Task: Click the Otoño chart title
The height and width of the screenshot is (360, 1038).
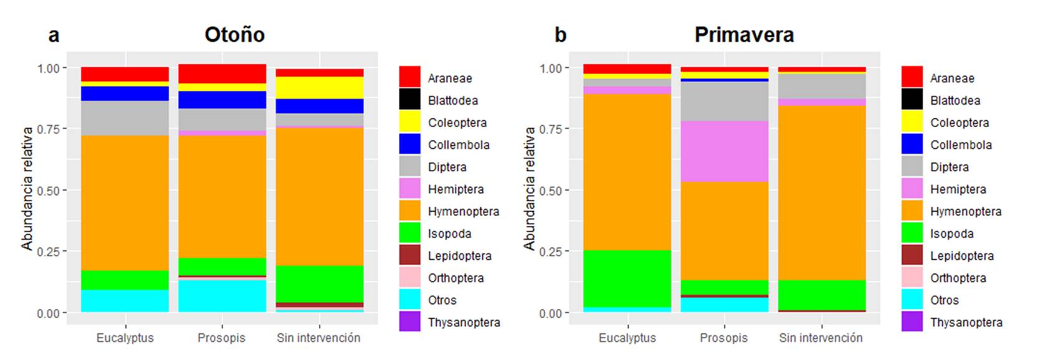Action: click(x=234, y=35)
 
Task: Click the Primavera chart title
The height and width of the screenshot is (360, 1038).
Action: click(x=744, y=35)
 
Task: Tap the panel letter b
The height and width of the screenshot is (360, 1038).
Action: click(x=560, y=35)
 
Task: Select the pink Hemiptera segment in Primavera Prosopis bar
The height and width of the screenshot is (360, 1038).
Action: click(x=724, y=151)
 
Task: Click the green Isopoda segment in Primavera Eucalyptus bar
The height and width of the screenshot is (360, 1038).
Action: click(x=627, y=278)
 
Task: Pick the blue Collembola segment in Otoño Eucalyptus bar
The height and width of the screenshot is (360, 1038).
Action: click(x=125, y=93)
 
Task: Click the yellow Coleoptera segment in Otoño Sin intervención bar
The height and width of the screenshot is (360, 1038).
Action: click(x=319, y=87)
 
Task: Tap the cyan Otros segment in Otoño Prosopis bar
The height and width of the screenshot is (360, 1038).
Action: click(x=222, y=296)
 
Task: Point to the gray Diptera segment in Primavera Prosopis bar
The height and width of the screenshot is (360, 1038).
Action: click(x=724, y=102)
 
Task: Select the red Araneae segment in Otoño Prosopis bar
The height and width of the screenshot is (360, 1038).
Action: click(x=222, y=73)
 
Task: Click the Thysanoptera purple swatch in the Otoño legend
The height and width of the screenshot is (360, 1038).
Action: click(x=409, y=322)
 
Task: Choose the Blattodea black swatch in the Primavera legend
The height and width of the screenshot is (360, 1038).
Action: click(x=912, y=100)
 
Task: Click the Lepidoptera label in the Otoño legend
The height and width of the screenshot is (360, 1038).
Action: click(x=459, y=256)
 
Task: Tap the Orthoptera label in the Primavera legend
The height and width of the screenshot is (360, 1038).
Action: click(x=958, y=278)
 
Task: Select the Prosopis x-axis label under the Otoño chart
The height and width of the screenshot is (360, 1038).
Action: click(x=221, y=338)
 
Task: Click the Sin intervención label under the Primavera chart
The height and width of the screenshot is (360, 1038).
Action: click(x=821, y=338)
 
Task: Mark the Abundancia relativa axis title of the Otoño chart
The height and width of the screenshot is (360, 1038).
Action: click(x=27, y=189)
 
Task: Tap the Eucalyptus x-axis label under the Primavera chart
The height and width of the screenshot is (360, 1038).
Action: click(x=627, y=338)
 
